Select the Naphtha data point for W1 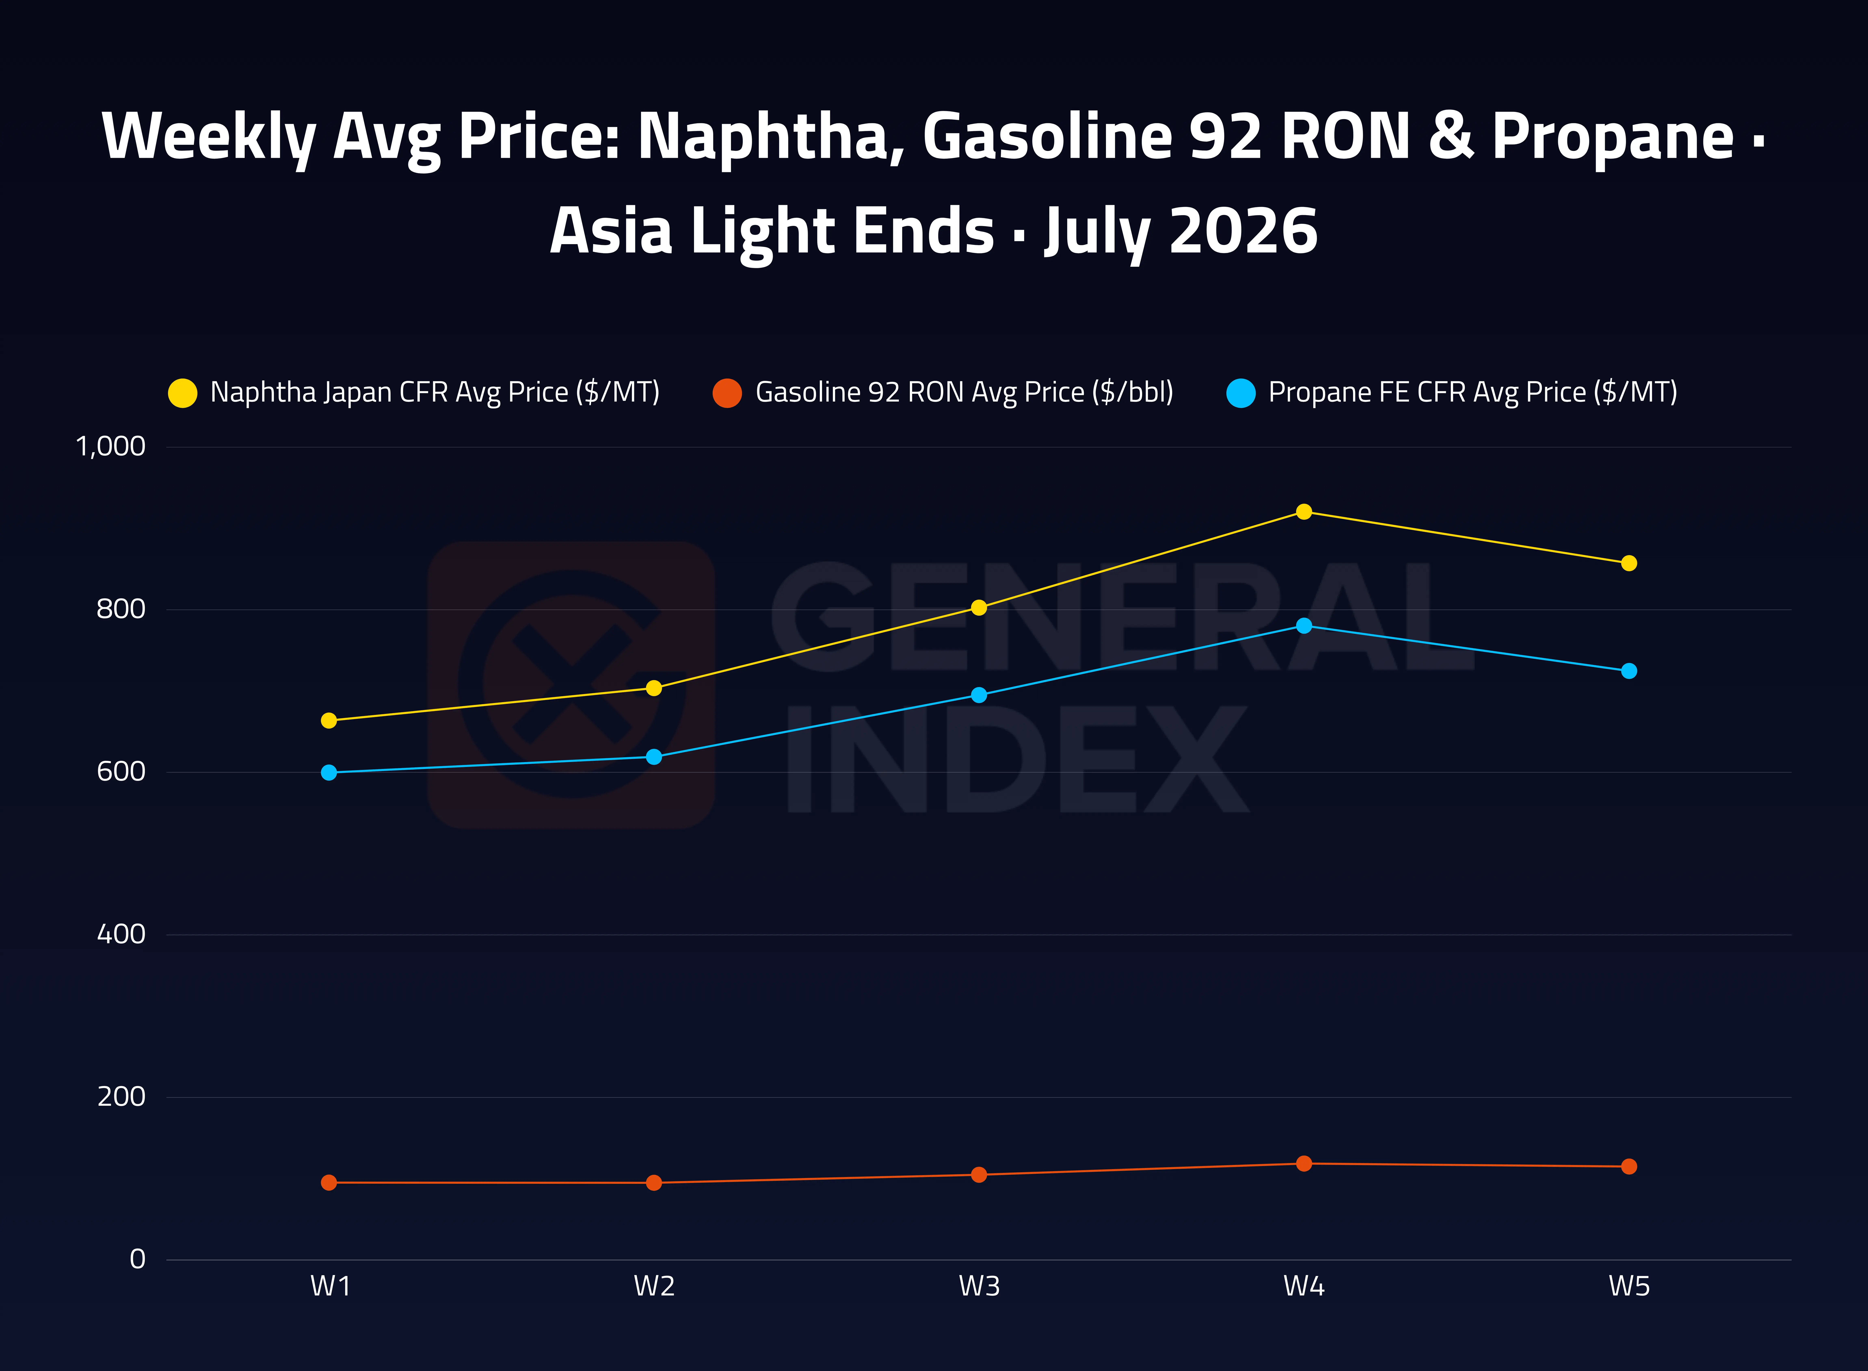329,720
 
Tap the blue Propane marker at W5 1629,670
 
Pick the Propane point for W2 654,757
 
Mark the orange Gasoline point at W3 979,1174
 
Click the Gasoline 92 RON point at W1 329,1183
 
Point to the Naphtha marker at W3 979,608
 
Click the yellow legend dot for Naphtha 183,393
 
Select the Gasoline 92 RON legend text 964,392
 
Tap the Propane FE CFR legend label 1472,392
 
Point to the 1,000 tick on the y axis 110,446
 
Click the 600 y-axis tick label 121,772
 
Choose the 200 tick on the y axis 121,1097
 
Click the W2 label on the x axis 654,1286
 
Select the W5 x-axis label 1629,1286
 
